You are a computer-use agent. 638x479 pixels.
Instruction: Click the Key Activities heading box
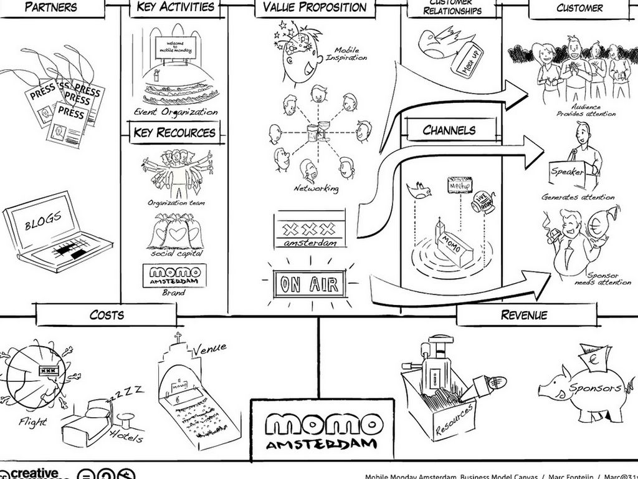[x=174, y=8]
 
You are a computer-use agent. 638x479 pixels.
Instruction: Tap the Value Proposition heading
[x=315, y=8]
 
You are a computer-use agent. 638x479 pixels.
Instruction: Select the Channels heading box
[x=450, y=130]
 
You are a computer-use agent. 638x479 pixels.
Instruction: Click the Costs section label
[x=107, y=314]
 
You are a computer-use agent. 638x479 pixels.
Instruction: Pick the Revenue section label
[x=524, y=314]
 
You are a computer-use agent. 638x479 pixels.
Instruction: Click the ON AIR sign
[x=310, y=285]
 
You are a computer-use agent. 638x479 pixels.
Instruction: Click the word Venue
[x=209, y=348]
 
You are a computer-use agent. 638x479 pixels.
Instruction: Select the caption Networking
[x=317, y=188]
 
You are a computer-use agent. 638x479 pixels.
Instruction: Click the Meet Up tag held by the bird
[x=471, y=61]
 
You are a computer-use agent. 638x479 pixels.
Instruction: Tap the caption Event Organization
[x=176, y=112]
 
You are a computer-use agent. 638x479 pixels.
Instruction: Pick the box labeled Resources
[x=439, y=399]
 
